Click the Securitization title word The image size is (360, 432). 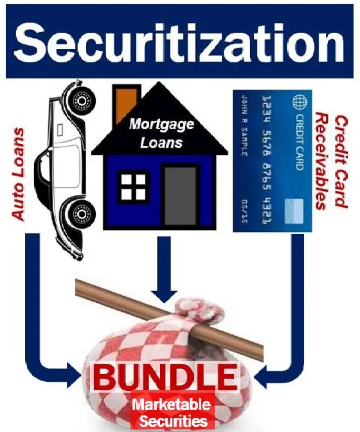click(179, 42)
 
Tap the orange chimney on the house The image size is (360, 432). click(125, 105)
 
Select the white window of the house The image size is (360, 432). click(133, 187)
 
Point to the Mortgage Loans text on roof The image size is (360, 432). click(162, 133)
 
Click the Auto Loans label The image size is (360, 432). click(19, 174)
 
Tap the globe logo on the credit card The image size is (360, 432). click(300, 101)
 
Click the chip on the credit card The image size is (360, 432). click(294, 211)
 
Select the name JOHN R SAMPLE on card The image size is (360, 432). click(244, 125)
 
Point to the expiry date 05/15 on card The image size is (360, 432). click(244, 212)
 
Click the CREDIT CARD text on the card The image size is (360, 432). click(300, 141)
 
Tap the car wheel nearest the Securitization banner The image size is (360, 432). click(82, 100)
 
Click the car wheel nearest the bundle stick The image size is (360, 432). click(81, 214)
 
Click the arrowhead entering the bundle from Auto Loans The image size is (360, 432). click(75, 375)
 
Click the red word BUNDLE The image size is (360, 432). click(165, 377)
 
